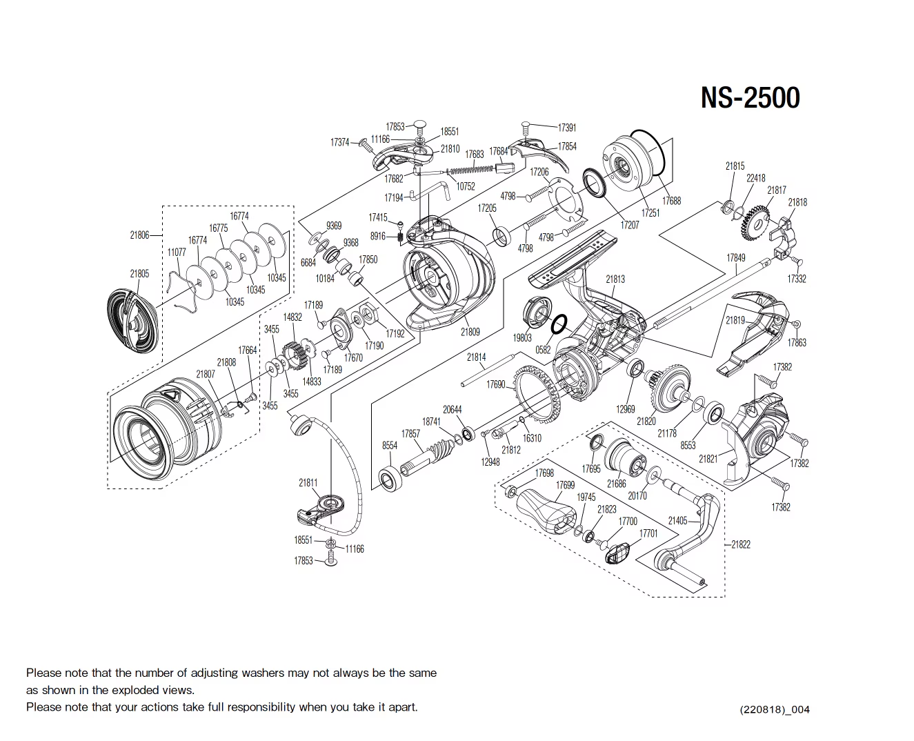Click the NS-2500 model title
coord(750,97)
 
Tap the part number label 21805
coord(139,274)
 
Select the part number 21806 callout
coord(139,235)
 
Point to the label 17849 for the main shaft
coord(736,258)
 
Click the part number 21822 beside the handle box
coord(741,544)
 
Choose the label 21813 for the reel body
coord(615,279)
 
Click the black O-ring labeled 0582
coord(559,324)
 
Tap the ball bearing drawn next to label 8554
coord(390,480)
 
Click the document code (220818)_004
coord(774,710)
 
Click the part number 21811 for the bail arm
coord(308,483)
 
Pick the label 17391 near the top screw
coord(567,128)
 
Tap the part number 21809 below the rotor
coord(470,332)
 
